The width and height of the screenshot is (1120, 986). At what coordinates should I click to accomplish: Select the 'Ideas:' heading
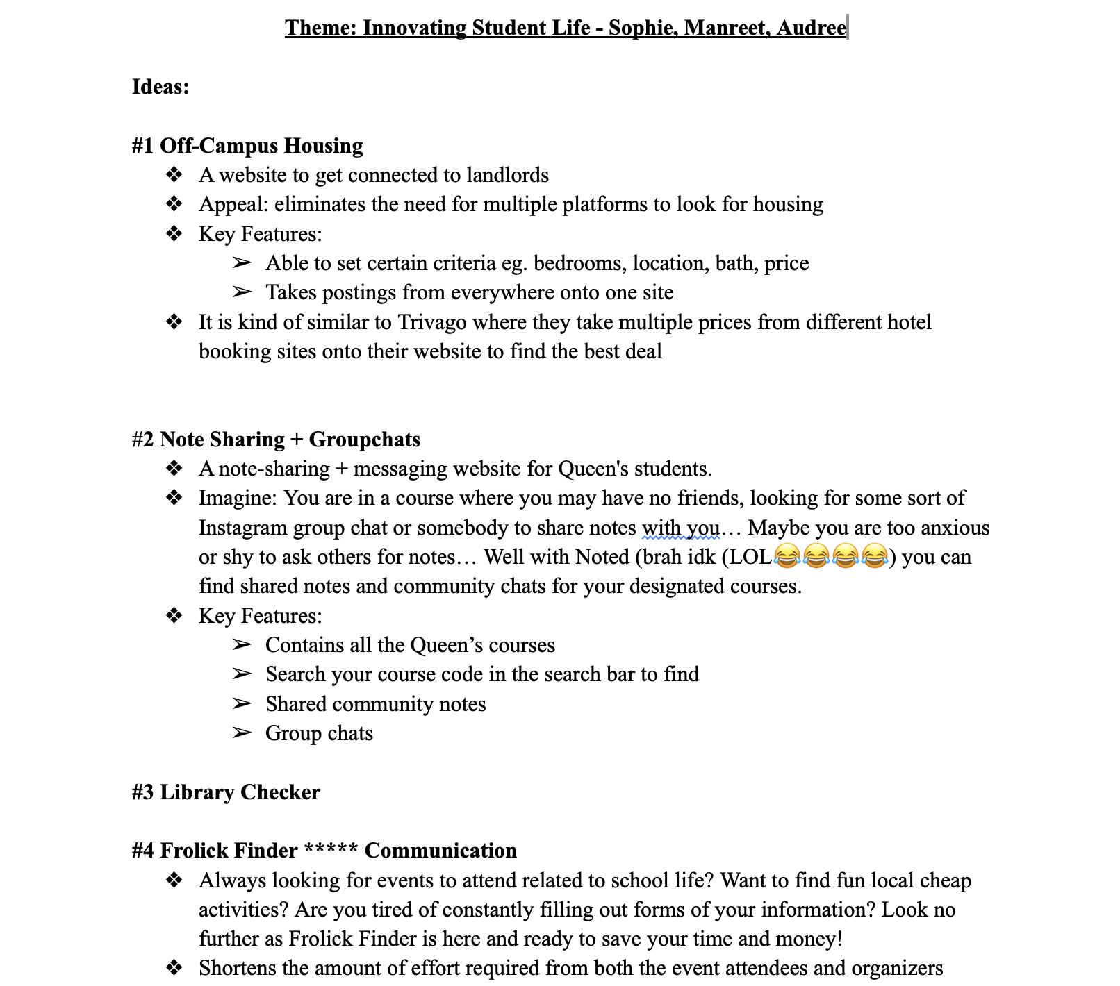pos(160,87)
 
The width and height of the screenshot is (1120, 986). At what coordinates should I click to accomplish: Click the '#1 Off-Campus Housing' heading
pos(247,146)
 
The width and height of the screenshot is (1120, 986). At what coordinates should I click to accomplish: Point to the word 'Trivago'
pos(431,322)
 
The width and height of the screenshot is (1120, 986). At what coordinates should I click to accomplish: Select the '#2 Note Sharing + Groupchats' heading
pos(276,440)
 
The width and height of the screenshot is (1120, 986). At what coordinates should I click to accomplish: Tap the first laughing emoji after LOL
pos(787,557)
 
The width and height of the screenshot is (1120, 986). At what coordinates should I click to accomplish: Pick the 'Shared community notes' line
pos(375,704)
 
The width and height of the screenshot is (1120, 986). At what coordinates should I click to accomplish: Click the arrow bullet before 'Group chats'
pos(241,733)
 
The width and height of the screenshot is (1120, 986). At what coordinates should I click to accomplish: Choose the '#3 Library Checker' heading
pos(226,792)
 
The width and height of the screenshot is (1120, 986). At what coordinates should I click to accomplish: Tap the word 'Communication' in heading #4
pos(440,851)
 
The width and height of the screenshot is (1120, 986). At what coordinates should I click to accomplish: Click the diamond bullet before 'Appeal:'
pos(174,204)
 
